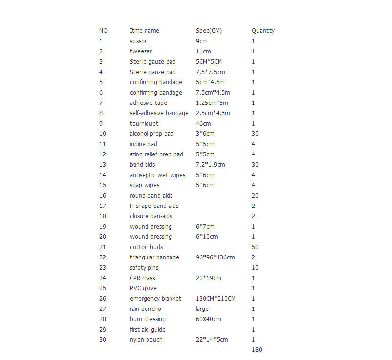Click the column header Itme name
[x=144, y=31]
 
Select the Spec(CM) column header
[x=209, y=31]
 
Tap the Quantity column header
[x=263, y=31]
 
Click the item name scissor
[x=138, y=41]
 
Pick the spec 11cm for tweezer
[x=203, y=51]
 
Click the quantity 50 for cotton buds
[x=255, y=247]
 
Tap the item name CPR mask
[x=143, y=278]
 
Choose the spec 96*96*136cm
[x=215, y=257]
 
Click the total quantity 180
[x=257, y=350]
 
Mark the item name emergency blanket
[x=155, y=299]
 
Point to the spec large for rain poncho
[x=202, y=309]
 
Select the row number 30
[x=103, y=340]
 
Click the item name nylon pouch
[x=146, y=340]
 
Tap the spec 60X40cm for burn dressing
[x=208, y=319]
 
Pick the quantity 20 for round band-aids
[x=255, y=196]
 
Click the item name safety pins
[x=144, y=268]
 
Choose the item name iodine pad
[x=144, y=144]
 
